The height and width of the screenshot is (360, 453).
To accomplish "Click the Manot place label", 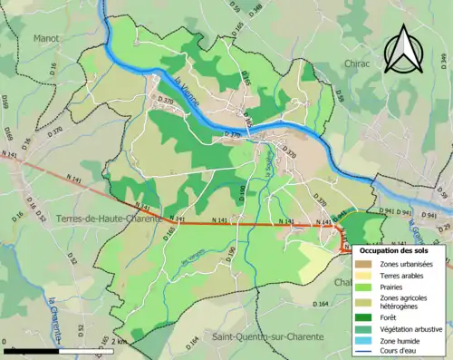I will point(46,39).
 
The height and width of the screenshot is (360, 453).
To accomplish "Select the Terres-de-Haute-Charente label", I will point(108,219).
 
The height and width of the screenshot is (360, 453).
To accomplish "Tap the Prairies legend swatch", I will point(364,286).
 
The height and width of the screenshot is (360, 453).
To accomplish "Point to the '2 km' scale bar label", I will point(119,341).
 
